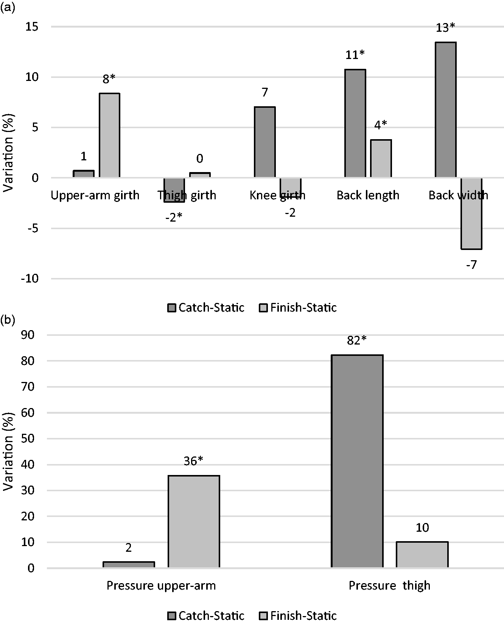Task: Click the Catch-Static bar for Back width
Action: click(445, 110)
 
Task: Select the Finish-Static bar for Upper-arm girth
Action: click(109, 135)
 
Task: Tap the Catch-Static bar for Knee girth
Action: click(264, 142)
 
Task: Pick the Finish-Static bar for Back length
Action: click(381, 158)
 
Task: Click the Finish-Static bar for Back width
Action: click(471, 213)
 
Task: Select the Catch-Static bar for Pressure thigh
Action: click(357, 461)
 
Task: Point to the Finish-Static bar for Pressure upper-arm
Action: click(194, 522)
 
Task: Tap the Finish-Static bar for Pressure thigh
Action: click(422, 555)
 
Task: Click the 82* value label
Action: click(357, 341)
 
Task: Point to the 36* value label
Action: click(193, 461)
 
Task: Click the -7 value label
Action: click(471, 265)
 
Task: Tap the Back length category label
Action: click(368, 195)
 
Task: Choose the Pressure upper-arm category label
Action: click(161, 585)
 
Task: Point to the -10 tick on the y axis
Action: click(30, 279)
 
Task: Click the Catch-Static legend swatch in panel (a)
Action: click(172, 308)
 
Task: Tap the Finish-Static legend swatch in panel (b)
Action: click(263, 616)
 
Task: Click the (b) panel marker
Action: click(8, 321)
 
